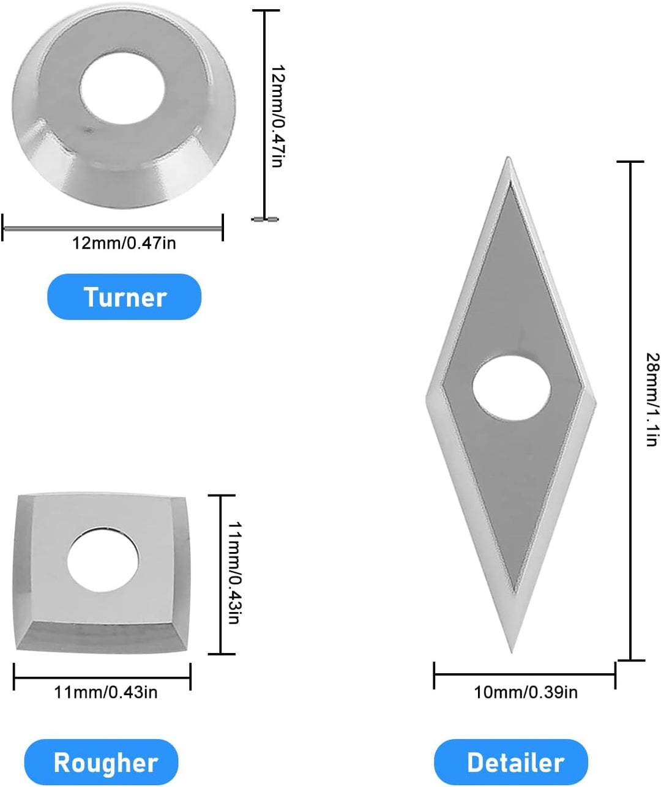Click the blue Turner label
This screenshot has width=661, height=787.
[x=124, y=297]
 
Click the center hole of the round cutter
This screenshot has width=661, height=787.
[x=122, y=89]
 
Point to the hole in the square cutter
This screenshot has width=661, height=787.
[x=103, y=560]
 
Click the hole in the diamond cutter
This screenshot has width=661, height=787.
[x=511, y=388]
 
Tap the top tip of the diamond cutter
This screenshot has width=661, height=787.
[x=508, y=157]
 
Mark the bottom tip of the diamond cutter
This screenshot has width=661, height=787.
[x=511, y=652]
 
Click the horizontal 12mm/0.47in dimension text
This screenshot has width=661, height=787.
[x=124, y=243]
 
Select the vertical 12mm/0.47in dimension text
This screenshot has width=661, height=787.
[x=278, y=116]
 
